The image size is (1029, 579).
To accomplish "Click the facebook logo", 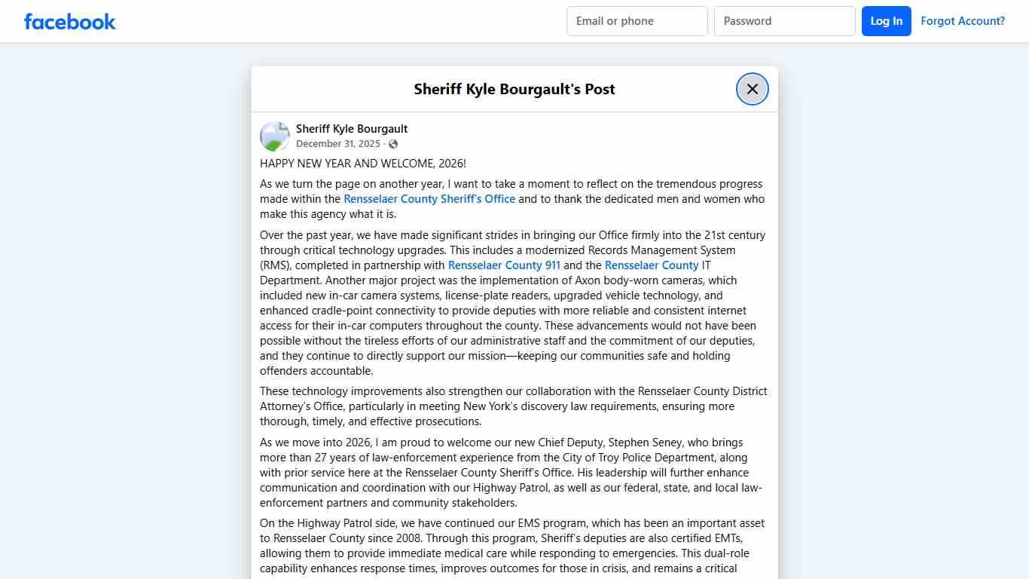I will [x=70, y=21].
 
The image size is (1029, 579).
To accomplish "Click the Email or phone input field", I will [x=637, y=21].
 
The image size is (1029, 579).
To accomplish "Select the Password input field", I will [x=784, y=21].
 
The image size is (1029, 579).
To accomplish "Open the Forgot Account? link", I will [x=962, y=21].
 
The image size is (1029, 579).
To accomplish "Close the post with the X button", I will [x=752, y=89].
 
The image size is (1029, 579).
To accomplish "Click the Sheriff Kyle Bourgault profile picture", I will [x=275, y=136].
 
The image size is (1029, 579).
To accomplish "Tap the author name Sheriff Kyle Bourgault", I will [x=352, y=129].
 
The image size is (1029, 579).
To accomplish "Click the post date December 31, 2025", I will [x=337, y=144].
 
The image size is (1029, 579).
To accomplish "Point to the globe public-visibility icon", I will [x=393, y=144].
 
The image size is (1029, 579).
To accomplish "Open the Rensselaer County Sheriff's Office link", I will [x=429, y=199].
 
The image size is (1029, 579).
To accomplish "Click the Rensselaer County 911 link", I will [x=504, y=265].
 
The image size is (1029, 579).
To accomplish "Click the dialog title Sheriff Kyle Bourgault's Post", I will [x=514, y=89].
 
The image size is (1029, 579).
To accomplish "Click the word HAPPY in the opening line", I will [x=277, y=164].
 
